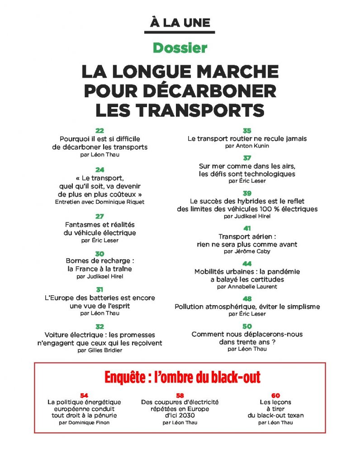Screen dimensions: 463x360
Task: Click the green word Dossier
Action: tap(180, 47)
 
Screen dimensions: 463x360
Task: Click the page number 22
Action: tap(99, 131)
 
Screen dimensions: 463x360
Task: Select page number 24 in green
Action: tap(99, 170)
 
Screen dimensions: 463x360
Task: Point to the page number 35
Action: tap(247, 131)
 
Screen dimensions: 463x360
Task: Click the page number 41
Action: tap(247, 229)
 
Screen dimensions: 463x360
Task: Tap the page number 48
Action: tap(247, 299)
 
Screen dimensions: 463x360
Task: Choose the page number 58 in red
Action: tap(180, 395)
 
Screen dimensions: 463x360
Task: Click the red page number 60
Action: tap(275, 395)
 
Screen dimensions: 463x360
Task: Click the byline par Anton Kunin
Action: tap(247, 146)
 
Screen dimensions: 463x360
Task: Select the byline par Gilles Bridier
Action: tap(99, 350)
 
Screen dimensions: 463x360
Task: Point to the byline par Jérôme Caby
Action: tap(247, 251)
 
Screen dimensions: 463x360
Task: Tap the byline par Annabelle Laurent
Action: tap(247, 286)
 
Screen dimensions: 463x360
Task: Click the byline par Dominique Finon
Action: tap(84, 422)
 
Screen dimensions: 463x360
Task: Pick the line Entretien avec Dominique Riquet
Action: tap(99, 202)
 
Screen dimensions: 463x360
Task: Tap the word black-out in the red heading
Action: tap(234, 378)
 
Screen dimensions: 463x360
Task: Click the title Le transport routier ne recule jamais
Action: tap(247, 139)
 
